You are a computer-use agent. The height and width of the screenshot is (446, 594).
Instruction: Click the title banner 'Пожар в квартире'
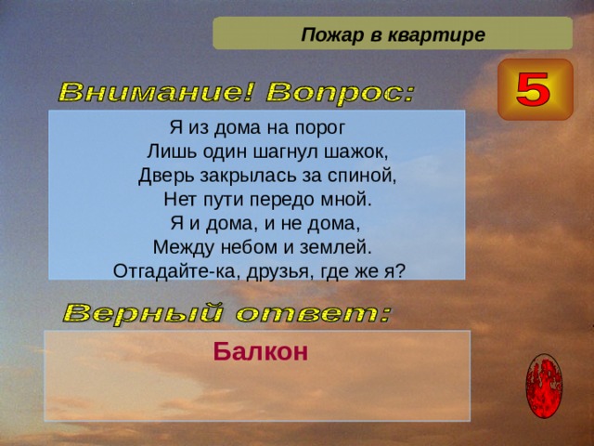click(392, 34)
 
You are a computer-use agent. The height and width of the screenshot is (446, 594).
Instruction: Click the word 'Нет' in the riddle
click(178, 199)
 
